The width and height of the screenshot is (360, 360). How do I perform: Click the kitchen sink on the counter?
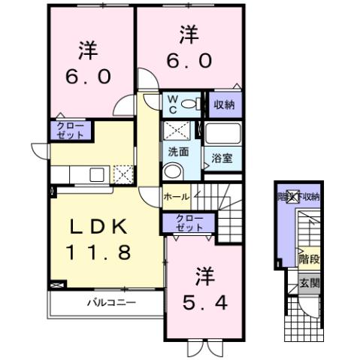pos(98,174)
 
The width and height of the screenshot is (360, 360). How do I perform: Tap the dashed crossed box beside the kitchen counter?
pos(123,174)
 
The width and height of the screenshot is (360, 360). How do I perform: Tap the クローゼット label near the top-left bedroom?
pos(70,130)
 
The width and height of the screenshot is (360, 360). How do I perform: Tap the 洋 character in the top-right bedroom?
pos(189,34)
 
